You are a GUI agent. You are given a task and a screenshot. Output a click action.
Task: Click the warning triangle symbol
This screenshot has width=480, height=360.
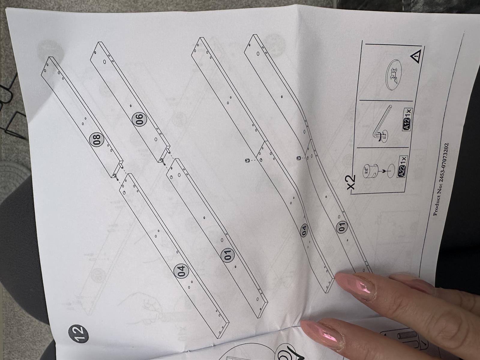[416, 56]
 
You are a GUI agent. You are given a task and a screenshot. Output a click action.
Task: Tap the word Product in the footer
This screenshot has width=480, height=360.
[435, 204]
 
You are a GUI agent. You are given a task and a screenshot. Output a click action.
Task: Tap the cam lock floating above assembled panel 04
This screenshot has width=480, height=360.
[247, 161]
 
